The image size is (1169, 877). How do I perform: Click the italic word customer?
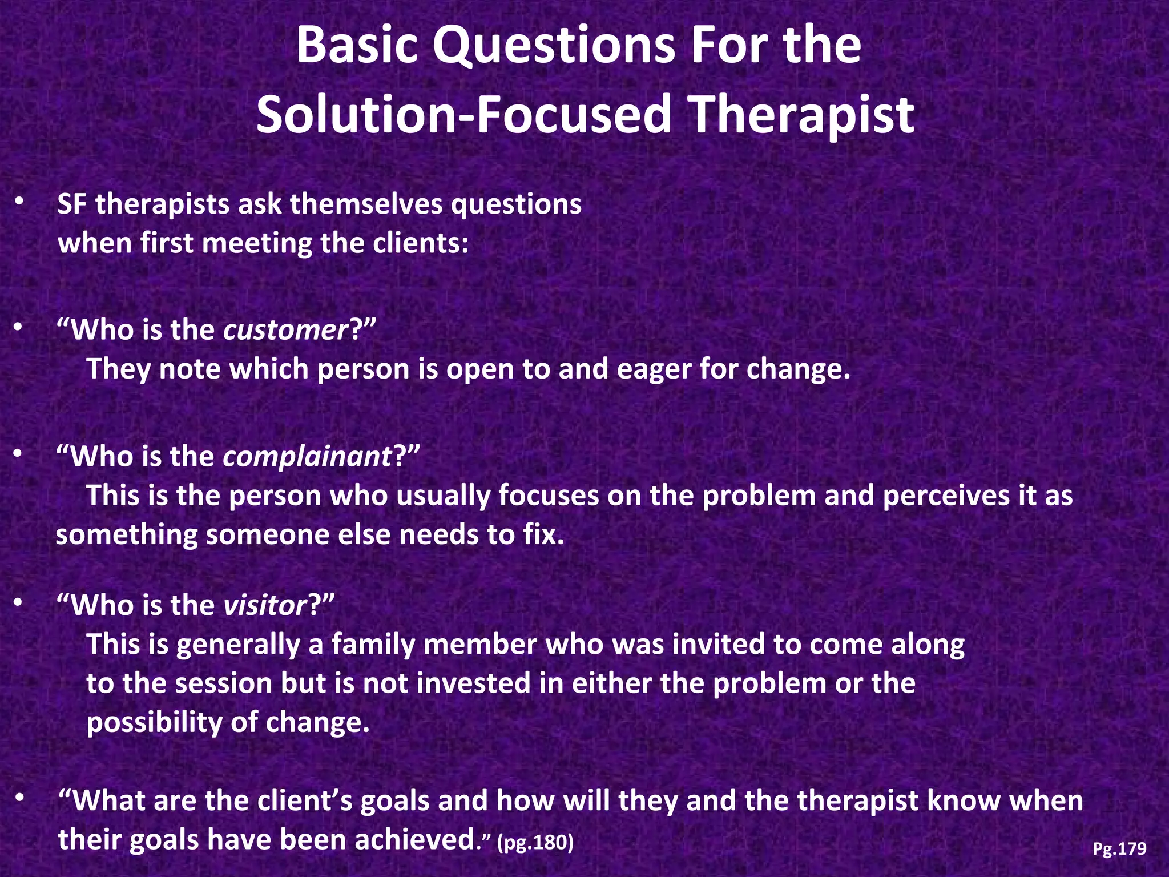(x=285, y=330)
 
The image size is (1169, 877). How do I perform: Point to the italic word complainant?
(x=307, y=457)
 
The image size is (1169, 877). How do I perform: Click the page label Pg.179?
(x=1119, y=849)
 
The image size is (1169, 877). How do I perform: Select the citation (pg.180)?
(x=535, y=842)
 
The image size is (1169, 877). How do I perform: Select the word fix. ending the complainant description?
(x=543, y=535)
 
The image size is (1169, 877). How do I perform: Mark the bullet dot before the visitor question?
(x=19, y=602)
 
